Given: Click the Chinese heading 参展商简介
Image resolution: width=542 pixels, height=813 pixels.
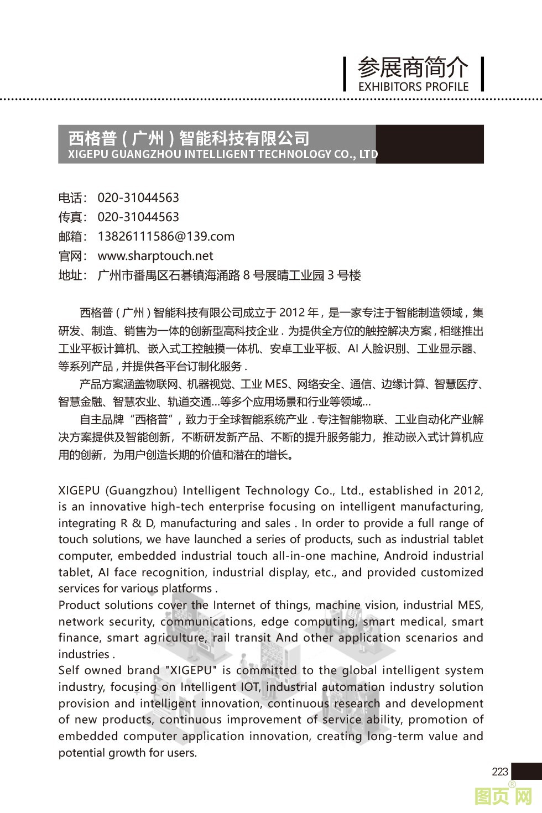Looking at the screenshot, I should (x=413, y=67).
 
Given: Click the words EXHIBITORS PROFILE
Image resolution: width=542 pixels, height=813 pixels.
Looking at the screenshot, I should (x=413, y=87).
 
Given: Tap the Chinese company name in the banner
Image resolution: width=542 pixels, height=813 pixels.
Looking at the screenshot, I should (x=189, y=138).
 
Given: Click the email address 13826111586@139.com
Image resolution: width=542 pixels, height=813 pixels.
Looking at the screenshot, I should (x=166, y=237).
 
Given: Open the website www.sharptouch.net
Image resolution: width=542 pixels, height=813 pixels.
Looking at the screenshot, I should (x=155, y=256).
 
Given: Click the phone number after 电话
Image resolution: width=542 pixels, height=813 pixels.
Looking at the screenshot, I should (x=138, y=198).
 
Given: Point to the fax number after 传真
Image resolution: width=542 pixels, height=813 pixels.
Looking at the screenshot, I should (x=138, y=217).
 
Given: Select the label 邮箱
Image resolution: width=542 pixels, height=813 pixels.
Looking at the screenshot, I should (x=72, y=237).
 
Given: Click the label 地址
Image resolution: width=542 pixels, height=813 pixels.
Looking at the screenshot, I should (x=72, y=275).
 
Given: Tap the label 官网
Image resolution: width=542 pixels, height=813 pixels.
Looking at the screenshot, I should (x=72, y=256).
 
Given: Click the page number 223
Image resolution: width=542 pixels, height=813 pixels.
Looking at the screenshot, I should (x=499, y=772).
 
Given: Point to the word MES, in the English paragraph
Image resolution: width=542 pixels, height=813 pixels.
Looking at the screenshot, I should (x=470, y=605).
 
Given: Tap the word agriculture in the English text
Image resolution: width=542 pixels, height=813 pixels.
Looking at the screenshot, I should (x=174, y=638).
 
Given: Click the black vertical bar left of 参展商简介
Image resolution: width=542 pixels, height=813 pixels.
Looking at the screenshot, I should (x=345, y=74).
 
